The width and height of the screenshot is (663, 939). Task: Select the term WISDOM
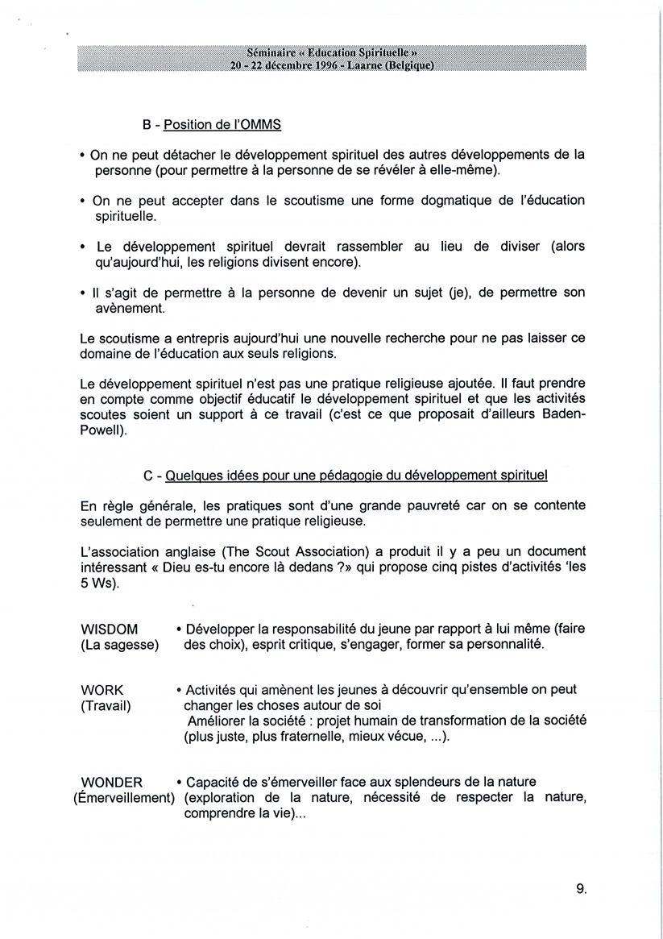pos(110,629)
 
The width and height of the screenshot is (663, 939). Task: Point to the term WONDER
pos(112,782)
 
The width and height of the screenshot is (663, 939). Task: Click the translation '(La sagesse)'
pos(120,645)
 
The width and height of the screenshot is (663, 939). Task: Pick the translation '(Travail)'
pos(106,706)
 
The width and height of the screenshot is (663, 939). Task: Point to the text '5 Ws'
pos(98,584)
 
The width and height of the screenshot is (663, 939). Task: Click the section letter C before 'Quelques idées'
pos(148,476)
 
